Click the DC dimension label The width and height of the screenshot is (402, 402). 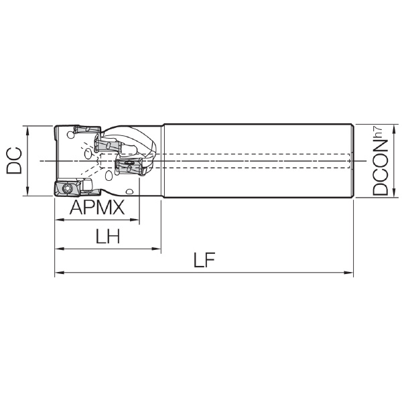(14, 161)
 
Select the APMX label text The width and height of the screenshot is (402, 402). (97, 207)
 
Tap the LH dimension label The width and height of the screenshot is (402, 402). (108, 236)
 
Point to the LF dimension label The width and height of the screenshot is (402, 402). (204, 260)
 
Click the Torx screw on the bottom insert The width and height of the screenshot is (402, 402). (68, 188)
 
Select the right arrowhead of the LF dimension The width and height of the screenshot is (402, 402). (348, 273)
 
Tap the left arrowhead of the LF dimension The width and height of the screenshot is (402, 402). (60, 273)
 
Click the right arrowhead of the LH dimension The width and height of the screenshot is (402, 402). (156, 249)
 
